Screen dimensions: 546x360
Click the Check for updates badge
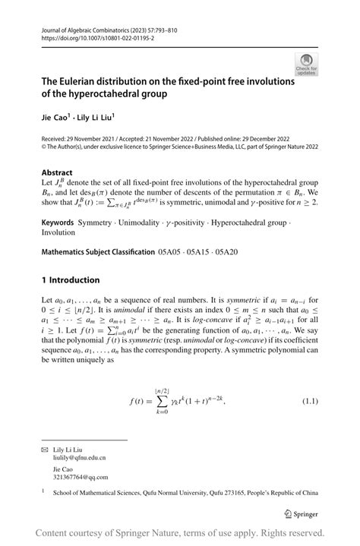[x=306, y=65]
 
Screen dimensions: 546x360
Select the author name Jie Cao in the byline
[x=56, y=119]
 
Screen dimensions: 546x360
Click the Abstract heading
[x=57, y=172]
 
